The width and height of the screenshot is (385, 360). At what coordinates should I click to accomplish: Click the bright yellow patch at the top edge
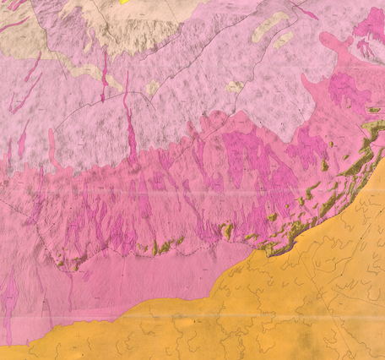point(126,2)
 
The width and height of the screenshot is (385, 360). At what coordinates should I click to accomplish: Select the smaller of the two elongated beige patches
point(285,38)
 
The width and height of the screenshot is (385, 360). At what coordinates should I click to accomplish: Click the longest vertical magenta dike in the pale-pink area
point(130,118)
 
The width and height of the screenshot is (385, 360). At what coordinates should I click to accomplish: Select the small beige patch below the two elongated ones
point(234,86)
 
